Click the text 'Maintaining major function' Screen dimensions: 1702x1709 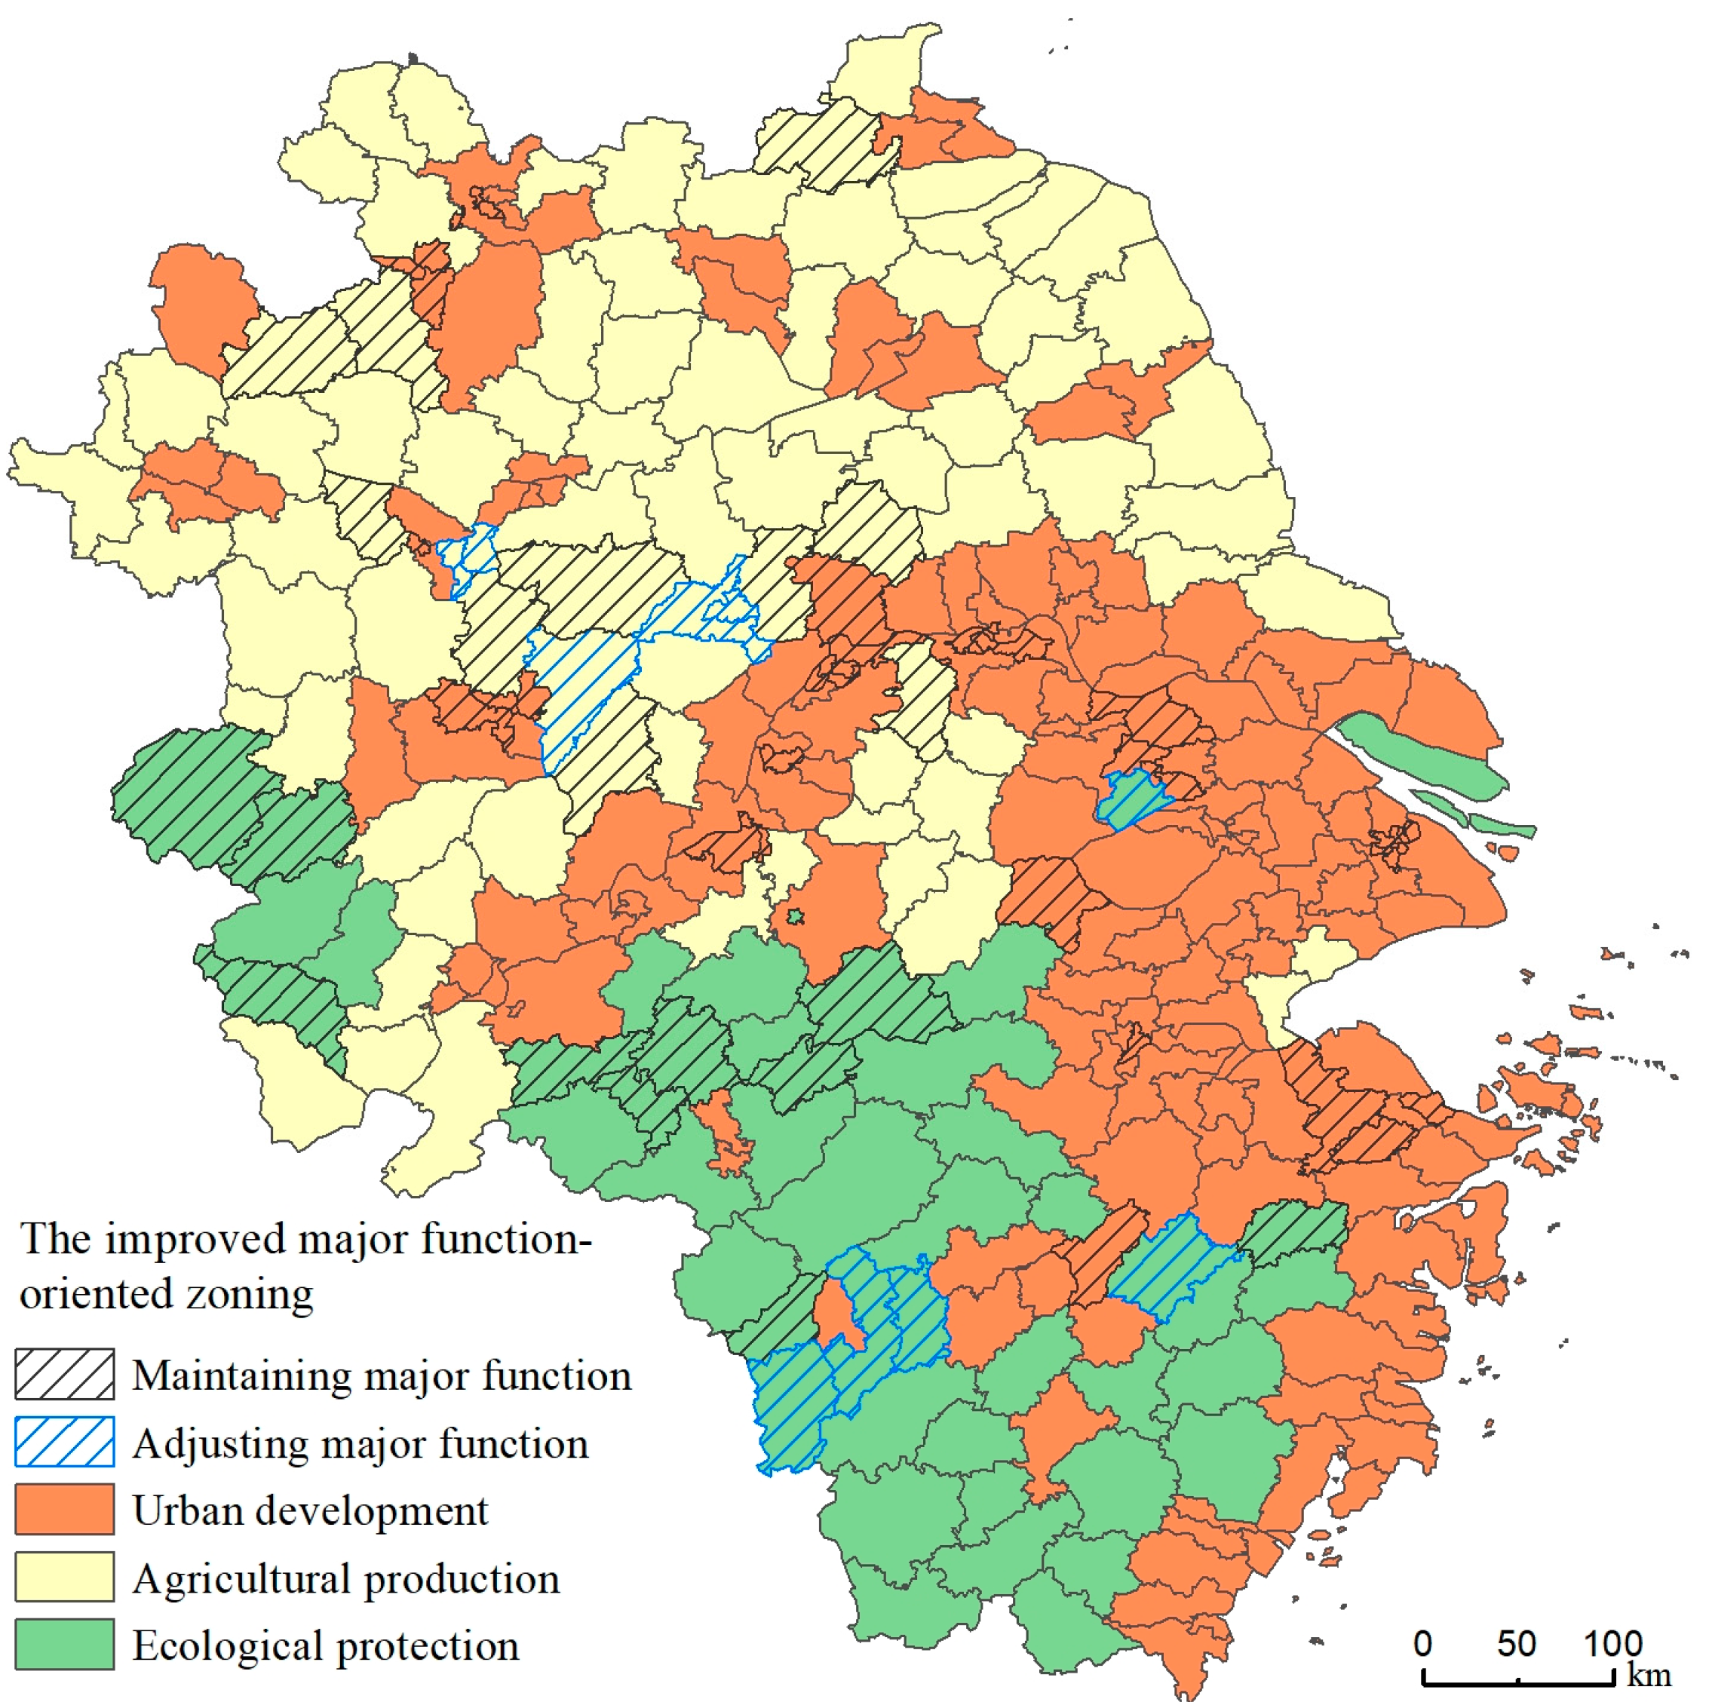point(382,1375)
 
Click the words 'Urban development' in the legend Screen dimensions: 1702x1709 point(310,1511)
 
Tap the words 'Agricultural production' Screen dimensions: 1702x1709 point(346,1579)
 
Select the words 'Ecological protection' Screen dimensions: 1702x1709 point(326,1646)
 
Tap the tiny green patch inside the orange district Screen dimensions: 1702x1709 point(795,917)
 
